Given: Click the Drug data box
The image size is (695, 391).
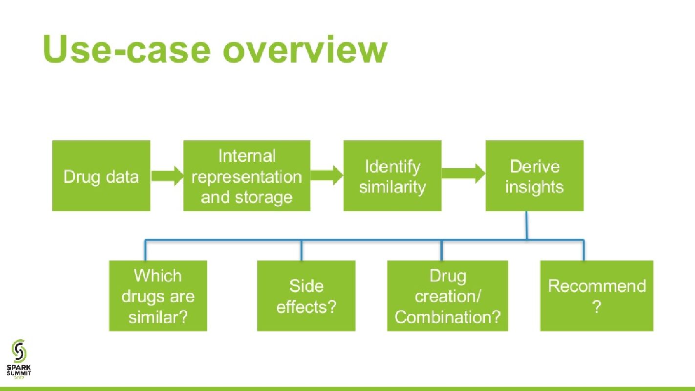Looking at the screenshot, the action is point(101,175).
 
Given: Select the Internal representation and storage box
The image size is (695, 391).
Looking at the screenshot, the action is point(247,175).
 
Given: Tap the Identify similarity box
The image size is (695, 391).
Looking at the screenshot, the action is point(392,175).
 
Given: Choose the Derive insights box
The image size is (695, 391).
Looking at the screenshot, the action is point(534,175).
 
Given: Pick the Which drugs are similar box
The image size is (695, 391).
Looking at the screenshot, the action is point(158,296).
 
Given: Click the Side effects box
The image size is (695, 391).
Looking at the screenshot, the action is point(306,296).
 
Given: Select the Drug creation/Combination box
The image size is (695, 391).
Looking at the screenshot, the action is point(448,296).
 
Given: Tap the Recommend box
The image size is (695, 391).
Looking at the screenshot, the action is point(597,296).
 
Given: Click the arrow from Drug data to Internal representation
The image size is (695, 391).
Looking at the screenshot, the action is point(167,176).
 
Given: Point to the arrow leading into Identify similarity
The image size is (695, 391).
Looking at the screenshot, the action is point(327,175).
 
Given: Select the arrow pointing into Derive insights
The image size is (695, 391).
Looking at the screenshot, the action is point(463,174).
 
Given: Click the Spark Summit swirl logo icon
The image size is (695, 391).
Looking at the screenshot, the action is point(19,351).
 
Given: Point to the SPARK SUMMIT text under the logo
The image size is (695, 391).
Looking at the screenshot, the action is point(19,370).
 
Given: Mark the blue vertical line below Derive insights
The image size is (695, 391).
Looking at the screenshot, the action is point(526,225).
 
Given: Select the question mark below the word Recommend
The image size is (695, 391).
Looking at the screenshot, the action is point(596,307).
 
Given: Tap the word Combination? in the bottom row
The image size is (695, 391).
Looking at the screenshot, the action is point(448,317).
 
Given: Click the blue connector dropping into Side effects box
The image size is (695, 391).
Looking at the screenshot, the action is point(301,250).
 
